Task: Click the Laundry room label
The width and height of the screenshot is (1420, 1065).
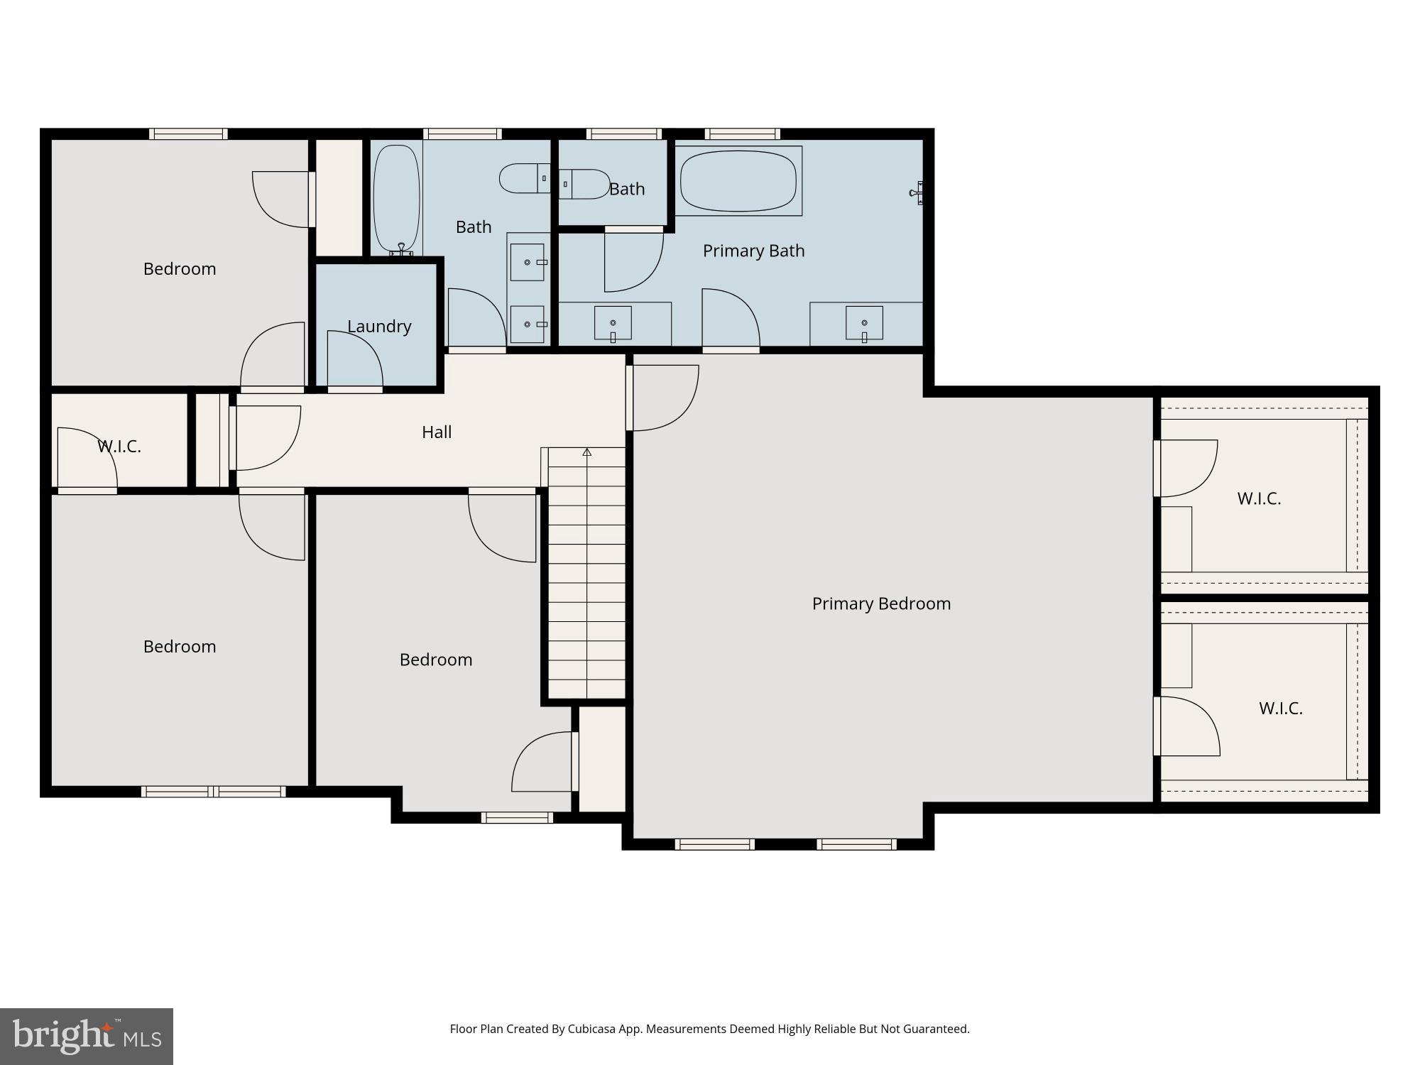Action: (x=379, y=327)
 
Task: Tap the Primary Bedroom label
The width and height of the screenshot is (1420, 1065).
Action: (x=881, y=603)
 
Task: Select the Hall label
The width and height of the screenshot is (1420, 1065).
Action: (x=437, y=432)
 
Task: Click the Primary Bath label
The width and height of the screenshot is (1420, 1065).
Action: (x=753, y=251)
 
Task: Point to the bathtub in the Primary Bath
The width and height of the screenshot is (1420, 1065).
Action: (x=738, y=180)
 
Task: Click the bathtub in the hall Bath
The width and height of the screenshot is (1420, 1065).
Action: (x=396, y=199)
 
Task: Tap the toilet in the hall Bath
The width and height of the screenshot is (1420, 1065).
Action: (x=523, y=178)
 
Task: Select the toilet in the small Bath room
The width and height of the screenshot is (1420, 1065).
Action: (x=584, y=184)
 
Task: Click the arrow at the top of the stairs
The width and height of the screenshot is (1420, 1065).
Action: (x=587, y=452)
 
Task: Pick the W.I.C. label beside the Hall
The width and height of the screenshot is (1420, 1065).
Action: (x=119, y=447)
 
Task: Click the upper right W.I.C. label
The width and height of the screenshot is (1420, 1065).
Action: (x=1259, y=498)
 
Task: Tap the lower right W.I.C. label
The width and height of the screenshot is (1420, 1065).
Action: (x=1280, y=708)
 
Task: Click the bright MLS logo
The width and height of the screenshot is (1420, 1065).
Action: (x=87, y=1037)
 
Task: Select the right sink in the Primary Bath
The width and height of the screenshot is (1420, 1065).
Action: (x=864, y=324)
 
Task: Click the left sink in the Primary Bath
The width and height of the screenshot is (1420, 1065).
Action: (x=613, y=324)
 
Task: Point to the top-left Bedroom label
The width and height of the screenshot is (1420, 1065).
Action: (x=180, y=269)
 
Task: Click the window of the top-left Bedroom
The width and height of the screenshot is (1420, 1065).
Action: (x=188, y=133)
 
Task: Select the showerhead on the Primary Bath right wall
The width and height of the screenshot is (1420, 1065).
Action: (x=917, y=192)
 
